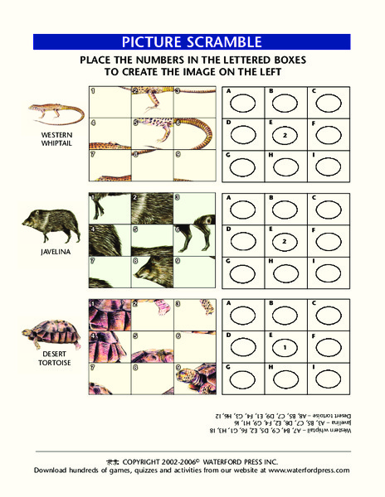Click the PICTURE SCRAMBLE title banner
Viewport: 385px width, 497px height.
192,42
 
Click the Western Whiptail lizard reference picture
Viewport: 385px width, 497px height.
56,112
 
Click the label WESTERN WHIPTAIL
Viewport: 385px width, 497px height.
53,138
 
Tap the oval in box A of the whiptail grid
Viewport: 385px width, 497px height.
243,104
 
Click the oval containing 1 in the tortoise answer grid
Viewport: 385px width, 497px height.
285,345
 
